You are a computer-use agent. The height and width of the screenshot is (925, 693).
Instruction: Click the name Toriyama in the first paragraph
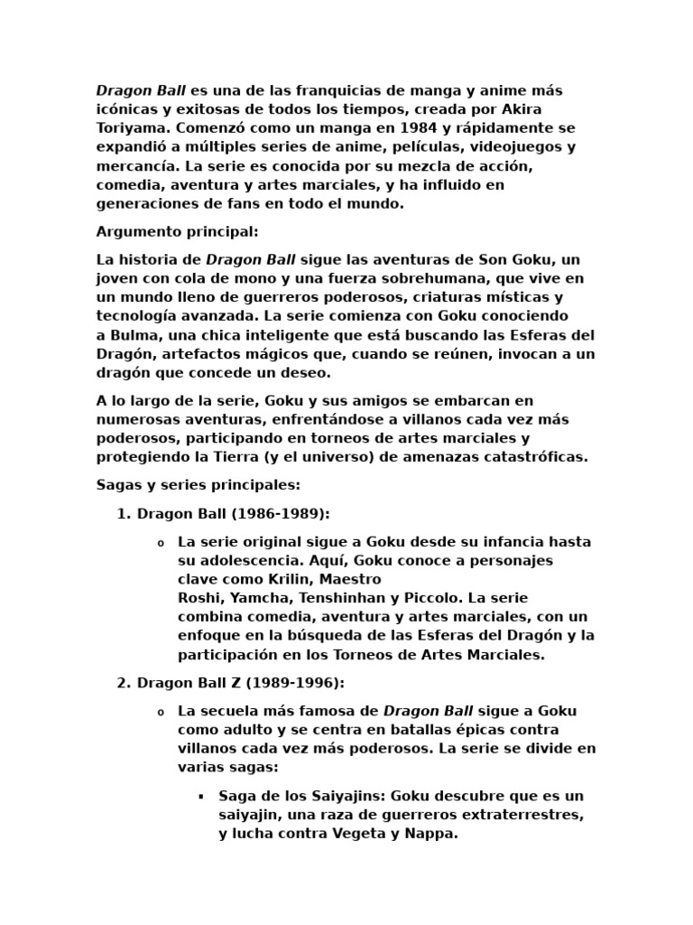131,128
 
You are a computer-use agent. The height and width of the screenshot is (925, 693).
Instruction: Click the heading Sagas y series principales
199,485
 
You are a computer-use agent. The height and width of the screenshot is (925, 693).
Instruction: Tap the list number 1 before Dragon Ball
123,514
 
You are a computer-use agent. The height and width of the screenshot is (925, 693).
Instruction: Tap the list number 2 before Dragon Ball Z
123,682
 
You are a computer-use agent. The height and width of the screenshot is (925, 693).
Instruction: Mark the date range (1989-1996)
292,682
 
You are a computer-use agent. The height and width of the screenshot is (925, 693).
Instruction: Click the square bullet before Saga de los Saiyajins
200,797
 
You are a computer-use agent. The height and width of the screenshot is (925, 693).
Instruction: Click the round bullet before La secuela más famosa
161,712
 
